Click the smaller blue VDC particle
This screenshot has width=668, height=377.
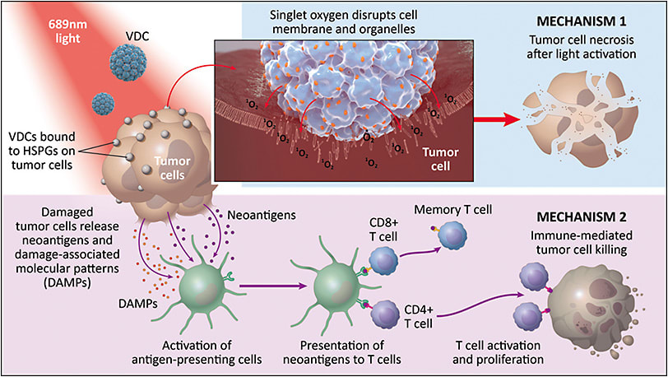pos(103,104)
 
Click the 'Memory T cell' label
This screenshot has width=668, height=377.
pos(457,211)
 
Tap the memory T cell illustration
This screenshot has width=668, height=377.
pos(452,236)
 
